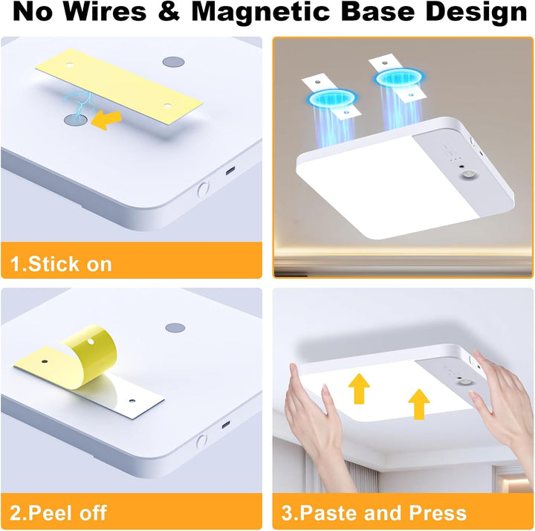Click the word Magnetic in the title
coord(262,13)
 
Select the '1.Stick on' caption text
coord(61,264)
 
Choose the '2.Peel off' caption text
coord(59,512)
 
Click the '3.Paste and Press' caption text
coord(374,512)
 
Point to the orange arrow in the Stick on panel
coord(106,120)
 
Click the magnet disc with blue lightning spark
coord(75,120)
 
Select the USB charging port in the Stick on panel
coord(230,170)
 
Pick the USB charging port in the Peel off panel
coord(226,425)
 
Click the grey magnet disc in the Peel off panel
coord(175,328)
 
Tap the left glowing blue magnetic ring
coord(331,98)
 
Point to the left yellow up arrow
coord(359,389)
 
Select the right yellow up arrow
coord(419,405)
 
